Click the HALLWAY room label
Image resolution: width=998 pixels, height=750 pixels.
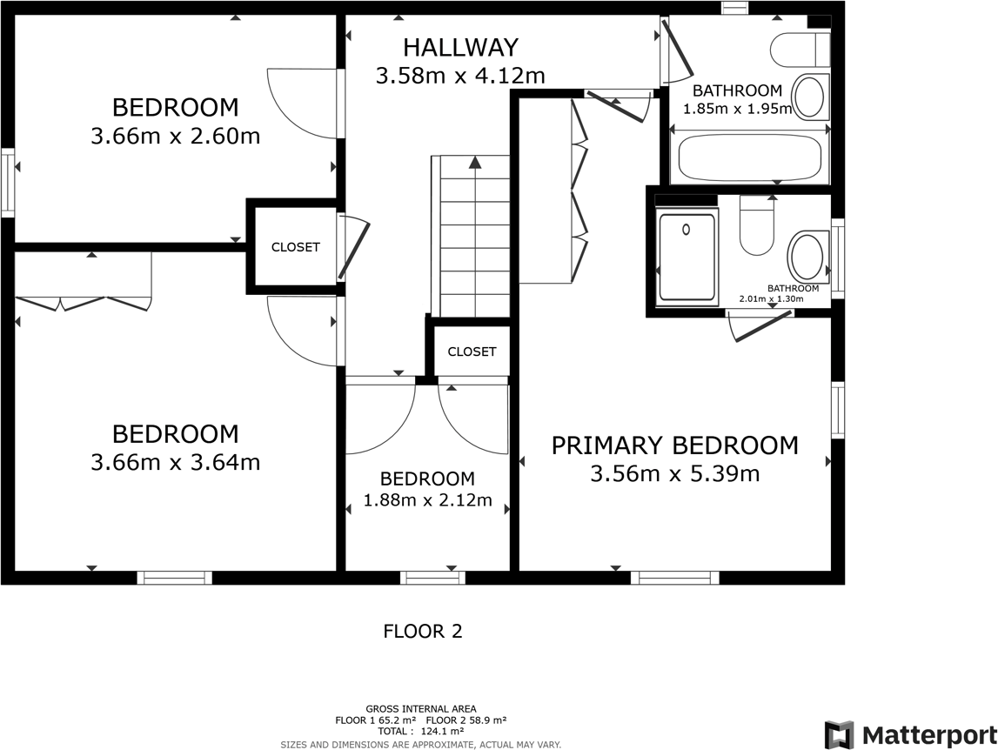tap(460, 47)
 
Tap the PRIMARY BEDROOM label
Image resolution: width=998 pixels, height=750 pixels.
tap(674, 445)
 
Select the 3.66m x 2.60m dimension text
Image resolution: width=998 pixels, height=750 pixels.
tap(175, 137)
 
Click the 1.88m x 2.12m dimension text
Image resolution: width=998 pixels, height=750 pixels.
tap(427, 500)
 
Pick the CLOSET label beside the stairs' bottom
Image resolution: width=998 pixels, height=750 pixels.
tap(472, 352)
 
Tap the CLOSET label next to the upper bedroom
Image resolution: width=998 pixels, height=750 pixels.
tap(295, 247)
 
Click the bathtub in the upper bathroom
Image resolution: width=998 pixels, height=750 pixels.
tap(749, 158)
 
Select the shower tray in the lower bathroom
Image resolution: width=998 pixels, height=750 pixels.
tap(687, 258)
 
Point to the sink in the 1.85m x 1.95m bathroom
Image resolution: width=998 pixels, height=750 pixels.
tap(810, 97)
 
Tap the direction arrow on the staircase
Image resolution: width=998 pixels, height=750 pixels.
tap(474, 163)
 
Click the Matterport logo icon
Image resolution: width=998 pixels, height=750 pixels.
tap(839, 734)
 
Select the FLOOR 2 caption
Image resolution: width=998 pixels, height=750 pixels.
tap(423, 632)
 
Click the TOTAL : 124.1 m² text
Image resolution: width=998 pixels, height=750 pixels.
tap(421, 732)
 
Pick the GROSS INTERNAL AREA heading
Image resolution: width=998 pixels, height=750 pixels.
tap(421, 709)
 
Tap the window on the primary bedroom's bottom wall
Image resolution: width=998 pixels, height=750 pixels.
tap(675, 577)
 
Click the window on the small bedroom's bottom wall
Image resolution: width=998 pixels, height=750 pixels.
tap(432, 577)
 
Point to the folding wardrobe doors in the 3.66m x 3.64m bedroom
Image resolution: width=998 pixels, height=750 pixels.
tap(84, 302)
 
